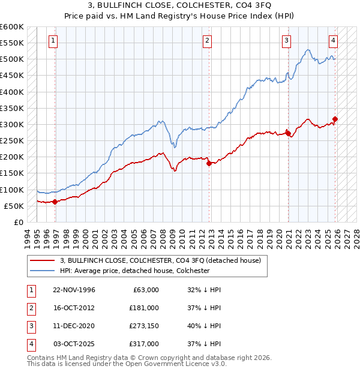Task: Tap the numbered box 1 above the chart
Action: [x=53, y=41]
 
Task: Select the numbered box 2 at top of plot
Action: [x=207, y=41]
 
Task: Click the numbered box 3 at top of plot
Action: [x=286, y=41]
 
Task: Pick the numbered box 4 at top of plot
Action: [x=333, y=41]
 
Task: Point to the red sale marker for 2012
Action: [x=209, y=163]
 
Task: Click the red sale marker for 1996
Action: [x=55, y=202]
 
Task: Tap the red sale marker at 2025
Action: [x=335, y=119]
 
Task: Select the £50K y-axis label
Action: [x=14, y=206]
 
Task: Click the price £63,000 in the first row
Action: [x=145, y=290]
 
